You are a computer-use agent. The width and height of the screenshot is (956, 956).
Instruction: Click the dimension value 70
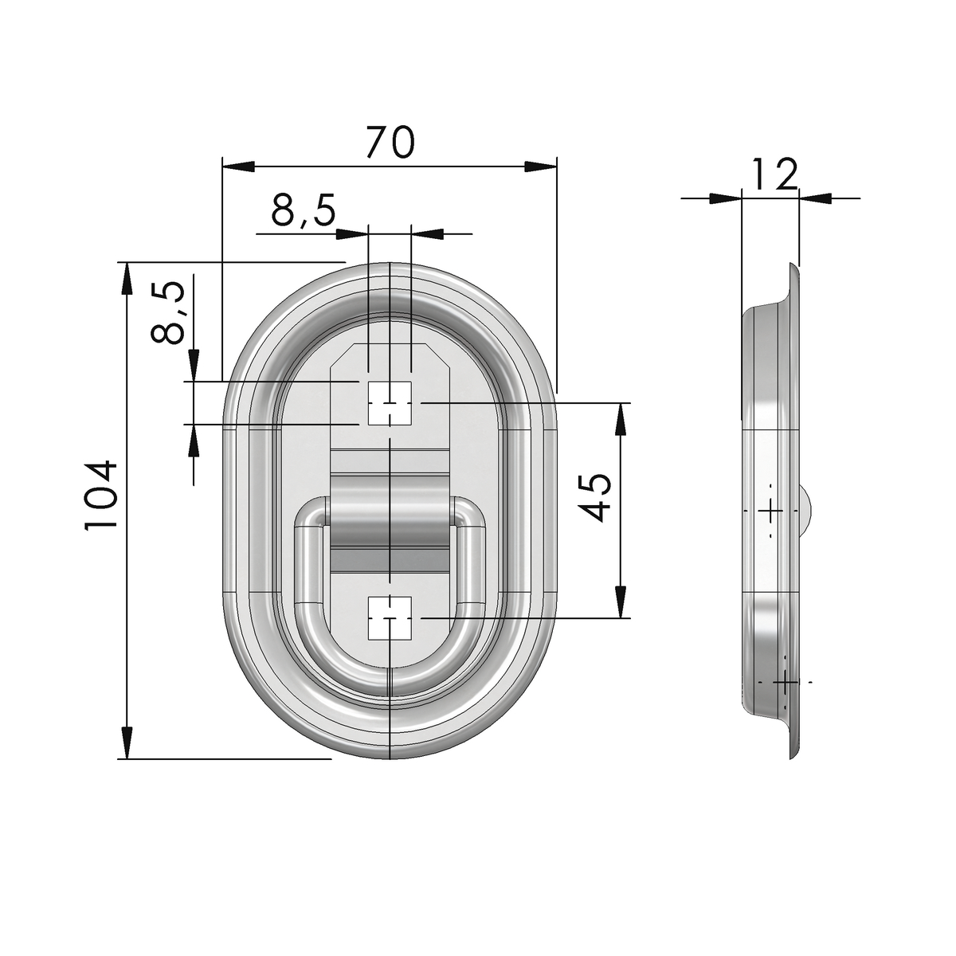(x=389, y=142)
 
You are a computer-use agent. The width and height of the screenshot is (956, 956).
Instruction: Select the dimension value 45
(x=595, y=498)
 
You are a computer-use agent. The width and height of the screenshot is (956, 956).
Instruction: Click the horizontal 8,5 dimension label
(x=303, y=210)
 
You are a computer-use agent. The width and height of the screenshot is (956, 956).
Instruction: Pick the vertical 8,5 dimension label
(x=167, y=313)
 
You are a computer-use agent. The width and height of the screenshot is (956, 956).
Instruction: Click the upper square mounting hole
(x=390, y=403)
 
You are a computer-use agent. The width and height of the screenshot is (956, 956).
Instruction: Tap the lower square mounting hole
(x=390, y=618)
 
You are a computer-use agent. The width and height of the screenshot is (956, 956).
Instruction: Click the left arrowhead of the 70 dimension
(x=238, y=167)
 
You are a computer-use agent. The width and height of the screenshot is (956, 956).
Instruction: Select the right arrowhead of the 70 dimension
(x=541, y=167)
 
